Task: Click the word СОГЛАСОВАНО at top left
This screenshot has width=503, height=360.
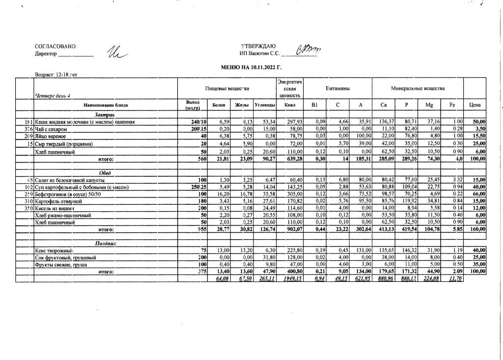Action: point(55,47)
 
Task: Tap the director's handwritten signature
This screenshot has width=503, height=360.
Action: point(116,52)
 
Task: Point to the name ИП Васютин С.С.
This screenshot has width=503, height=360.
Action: point(259,53)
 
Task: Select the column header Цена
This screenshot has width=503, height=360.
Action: point(475,105)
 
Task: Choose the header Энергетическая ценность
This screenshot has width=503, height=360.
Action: point(289,88)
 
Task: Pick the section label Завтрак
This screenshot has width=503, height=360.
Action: point(105,114)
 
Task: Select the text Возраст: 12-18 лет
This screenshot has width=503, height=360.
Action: point(56,75)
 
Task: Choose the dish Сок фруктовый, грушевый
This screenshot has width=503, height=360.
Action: point(65,257)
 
